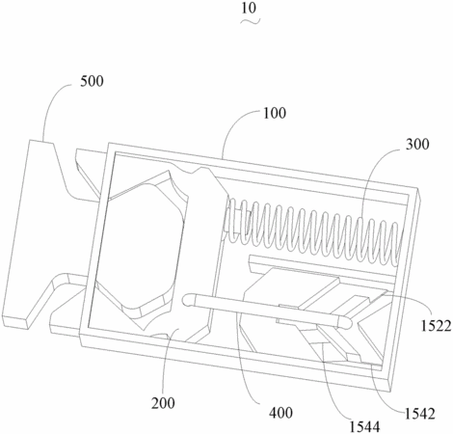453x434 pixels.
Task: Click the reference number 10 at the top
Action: pyautogui.click(x=249, y=8)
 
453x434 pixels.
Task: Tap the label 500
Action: pyautogui.click(x=92, y=81)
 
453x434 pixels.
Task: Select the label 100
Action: pyautogui.click(x=275, y=113)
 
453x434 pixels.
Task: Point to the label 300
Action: pyautogui.click(x=417, y=145)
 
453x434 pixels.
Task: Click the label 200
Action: pyautogui.click(x=163, y=403)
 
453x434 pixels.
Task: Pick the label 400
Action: pyautogui.click(x=280, y=413)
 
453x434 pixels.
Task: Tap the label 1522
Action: pyautogui.click(x=437, y=326)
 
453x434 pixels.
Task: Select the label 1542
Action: pyautogui.click(x=419, y=414)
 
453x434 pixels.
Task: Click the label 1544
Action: pyautogui.click(x=364, y=426)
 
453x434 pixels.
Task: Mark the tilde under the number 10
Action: pyautogui.click(x=251, y=21)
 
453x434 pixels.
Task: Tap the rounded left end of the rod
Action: pyautogui.click(x=187, y=300)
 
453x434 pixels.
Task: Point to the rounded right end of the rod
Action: pyautogui.click(x=347, y=322)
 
